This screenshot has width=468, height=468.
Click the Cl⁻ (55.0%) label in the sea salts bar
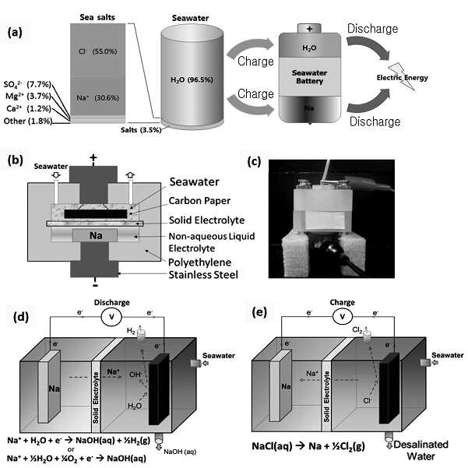tap(98, 51)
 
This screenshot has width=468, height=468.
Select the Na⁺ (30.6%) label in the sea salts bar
tap(97, 97)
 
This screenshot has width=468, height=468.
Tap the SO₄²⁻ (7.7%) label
tap(27, 84)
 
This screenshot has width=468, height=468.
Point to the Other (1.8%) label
tap(28, 121)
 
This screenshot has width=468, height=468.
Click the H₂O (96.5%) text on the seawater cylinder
tap(192, 79)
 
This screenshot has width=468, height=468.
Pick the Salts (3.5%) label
tap(141, 130)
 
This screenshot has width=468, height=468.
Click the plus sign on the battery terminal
tap(309, 29)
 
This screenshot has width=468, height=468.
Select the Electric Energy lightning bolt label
tap(402, 77)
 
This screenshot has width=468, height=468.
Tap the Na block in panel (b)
tap(95, 235)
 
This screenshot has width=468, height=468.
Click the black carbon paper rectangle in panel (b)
tap(96, 213)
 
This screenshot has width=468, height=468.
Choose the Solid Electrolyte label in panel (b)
tap(206, 220)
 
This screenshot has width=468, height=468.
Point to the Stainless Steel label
tap(203, 275)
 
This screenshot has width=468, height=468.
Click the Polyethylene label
tap(199, 262)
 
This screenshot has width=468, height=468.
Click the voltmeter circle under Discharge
tap(111, 316)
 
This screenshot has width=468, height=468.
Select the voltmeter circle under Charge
tap(343, 316)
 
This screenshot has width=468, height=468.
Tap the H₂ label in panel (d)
tap(131, 331)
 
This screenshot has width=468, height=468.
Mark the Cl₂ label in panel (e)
tap(357, 330)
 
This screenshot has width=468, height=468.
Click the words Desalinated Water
tap(420, 450)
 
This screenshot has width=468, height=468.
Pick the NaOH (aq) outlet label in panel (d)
tap(180, 452)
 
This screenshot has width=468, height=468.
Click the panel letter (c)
tap(254, 161)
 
